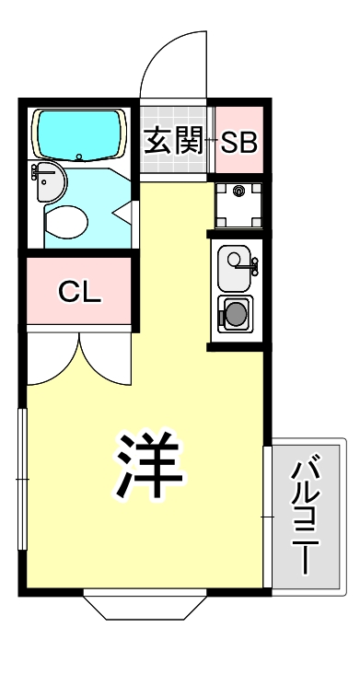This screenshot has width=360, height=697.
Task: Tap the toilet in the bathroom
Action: pyautogui.click(x=65, y=220)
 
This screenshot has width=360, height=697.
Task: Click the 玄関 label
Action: pyautogui.click(x=174, y=142)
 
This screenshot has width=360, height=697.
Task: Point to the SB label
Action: pyautogui.click(x=239, y=142)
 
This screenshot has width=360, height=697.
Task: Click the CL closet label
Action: pyautogui.click(x=79, y=292)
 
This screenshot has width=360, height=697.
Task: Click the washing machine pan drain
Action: pyautogui.click(x=239, y=192)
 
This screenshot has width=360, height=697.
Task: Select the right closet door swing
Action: pyautogui.click(x=108, y=359)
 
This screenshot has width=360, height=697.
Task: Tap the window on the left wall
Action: pyautogui.click(x=23, y=480)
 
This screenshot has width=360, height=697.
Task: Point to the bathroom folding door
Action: pyautogui.click(x=125, y=210)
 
